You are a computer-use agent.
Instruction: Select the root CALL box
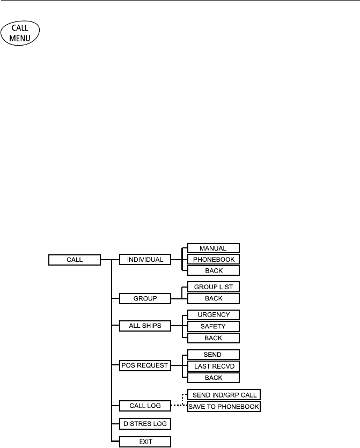coord(74,260)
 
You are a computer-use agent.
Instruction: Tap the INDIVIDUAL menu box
coord(144,260)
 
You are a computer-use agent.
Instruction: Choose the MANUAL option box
coord(212,248)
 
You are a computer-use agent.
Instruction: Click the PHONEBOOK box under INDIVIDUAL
coord(212,260)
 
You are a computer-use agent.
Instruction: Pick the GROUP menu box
coord(144,298)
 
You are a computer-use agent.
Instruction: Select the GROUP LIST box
coord(212,288)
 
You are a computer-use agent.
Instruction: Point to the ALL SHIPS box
coord(144,326)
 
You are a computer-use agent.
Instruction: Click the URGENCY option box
coord(212,315)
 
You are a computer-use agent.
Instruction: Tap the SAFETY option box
coord(212,326)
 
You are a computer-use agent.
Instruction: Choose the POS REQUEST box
coord(144,365)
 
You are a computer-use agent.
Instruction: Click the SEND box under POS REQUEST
coord(212,355)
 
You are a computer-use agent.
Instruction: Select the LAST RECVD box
coord(212,365)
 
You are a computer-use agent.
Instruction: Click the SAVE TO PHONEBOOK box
coord(224,407)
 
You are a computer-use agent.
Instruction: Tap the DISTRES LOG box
coord(144,424)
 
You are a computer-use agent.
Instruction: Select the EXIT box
coord(144,442)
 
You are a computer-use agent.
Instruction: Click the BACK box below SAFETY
coord(212,337)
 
